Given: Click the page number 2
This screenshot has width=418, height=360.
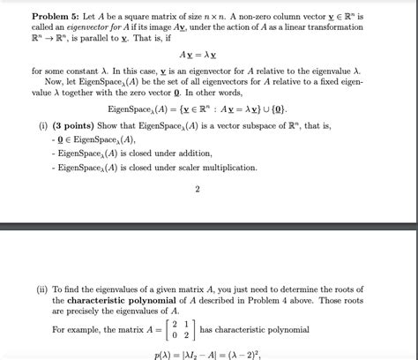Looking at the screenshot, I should [x=198, y=188].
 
